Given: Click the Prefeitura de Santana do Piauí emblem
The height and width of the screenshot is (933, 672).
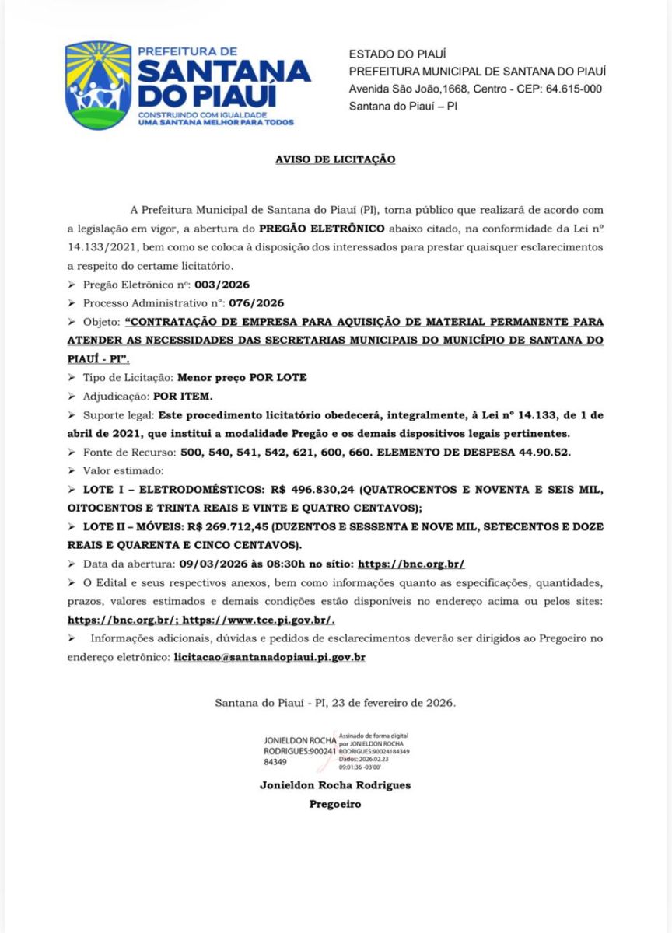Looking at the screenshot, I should coord(98,86).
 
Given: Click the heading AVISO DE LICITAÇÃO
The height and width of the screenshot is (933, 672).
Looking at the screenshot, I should coord(335,159).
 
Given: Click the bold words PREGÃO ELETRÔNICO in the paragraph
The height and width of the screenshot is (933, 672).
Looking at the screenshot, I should coord(321,229).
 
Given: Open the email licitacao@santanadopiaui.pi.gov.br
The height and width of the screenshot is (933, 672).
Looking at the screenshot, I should coord(270,657).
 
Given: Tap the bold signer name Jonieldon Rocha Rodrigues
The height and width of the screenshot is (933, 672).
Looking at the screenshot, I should coord(335,785).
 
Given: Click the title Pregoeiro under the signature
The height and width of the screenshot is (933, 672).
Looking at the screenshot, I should coord(335,805).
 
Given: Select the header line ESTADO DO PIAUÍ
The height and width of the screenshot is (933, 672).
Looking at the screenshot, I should coord(397,54).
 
